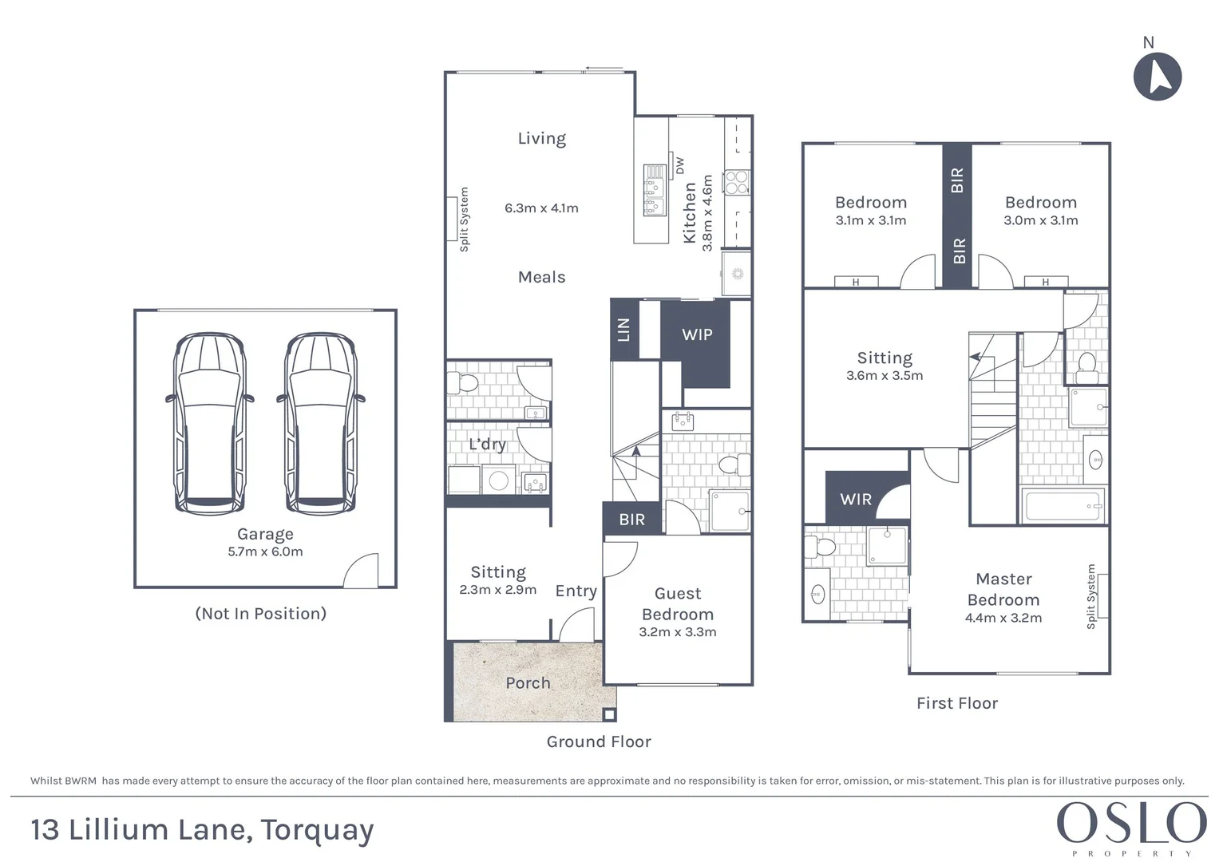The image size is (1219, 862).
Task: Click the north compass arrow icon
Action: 1158,77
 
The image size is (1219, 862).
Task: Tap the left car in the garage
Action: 209,423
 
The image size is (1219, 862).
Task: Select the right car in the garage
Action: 320,423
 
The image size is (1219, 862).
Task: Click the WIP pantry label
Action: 697,335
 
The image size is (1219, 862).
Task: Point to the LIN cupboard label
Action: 624,330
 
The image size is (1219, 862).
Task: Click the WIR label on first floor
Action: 856,500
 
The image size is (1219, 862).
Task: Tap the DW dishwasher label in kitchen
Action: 680,166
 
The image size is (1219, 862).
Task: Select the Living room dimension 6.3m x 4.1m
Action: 541,208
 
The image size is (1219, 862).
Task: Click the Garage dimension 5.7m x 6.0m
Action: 265,552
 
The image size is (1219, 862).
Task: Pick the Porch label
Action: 528,683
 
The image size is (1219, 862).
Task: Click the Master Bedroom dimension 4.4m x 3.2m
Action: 1003,618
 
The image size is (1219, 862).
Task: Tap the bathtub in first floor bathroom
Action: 1062,506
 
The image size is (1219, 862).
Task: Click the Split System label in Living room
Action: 464,219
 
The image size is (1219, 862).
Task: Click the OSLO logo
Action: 1131,823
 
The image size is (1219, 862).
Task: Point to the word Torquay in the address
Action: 317,830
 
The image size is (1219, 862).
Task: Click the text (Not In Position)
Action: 261,614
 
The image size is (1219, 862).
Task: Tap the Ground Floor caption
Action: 599,741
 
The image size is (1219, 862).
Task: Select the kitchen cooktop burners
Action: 736,183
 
